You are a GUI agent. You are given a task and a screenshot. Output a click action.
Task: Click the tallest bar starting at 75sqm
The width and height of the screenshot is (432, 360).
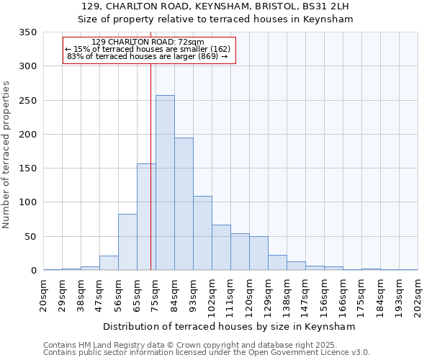coord(165,183)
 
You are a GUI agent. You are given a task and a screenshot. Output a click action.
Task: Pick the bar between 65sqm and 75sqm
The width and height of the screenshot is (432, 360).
coord(146,217)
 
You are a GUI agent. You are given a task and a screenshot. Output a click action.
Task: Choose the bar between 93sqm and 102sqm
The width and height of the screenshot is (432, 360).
coord(202,233)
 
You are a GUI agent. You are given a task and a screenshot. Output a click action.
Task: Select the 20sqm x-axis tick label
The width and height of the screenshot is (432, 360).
coord(44,294)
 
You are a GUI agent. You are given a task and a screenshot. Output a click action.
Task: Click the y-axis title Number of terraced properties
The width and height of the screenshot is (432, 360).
coord(7,155)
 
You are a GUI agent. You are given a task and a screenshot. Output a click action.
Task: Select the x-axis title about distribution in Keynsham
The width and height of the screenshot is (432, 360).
coord(230,327)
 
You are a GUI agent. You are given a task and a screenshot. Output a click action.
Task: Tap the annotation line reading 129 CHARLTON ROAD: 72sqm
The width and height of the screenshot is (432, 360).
coord(148,42)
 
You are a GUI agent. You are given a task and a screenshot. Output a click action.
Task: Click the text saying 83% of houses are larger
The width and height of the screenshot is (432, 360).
coord(150,56)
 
